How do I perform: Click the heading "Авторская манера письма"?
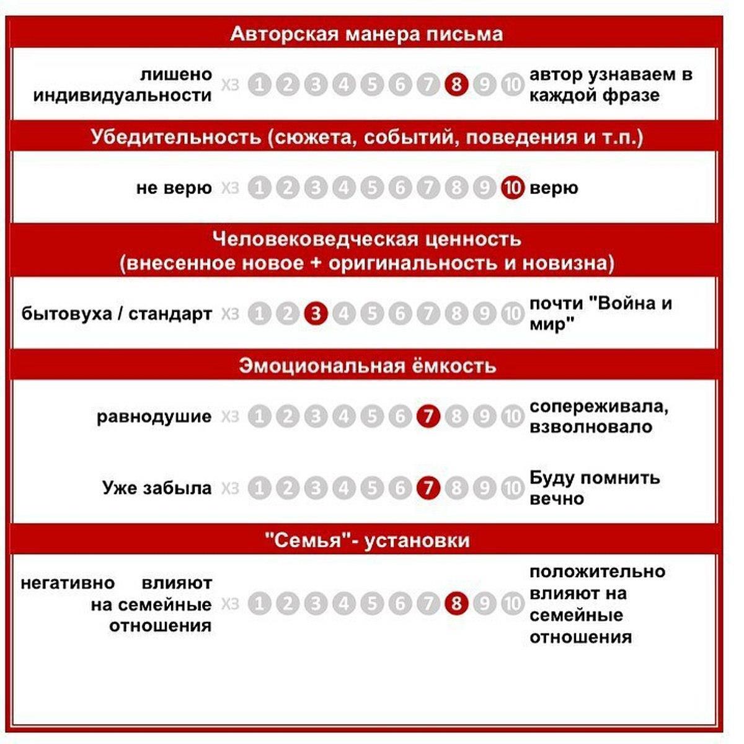(366, 33)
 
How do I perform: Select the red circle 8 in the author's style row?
(456, 84)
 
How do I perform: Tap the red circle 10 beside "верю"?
(512, 187)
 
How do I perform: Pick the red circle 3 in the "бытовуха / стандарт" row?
(316, 314)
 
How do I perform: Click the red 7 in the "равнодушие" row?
(427, 417)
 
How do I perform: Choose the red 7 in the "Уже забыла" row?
(427, 489)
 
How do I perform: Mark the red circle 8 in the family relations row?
(456, 603)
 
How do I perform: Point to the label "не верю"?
(174, 188)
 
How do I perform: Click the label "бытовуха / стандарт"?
(117, 314)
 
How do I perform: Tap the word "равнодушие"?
(154, 417)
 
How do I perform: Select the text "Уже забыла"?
(157, 489)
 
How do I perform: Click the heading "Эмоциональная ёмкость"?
(368, 366)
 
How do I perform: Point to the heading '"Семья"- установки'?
(367, 541)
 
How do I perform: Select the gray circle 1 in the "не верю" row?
(259, 187)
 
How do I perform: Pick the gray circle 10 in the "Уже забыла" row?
(512, 489)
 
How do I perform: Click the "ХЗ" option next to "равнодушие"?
(230, 417)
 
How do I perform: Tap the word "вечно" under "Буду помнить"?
(556, 499)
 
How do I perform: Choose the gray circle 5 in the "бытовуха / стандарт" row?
(372, 314)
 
